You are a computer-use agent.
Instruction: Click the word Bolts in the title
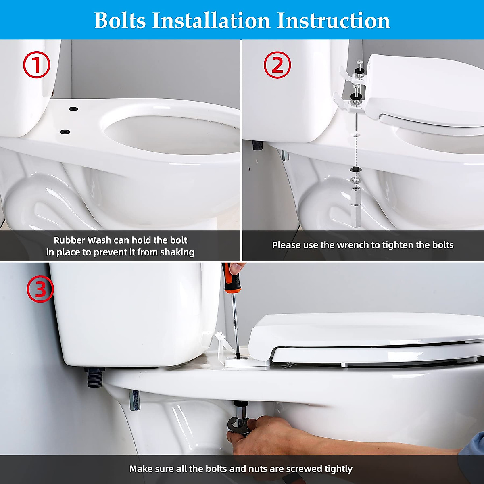[120, 20]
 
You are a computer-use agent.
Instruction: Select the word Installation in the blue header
[211, 20]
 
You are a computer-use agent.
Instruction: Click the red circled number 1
[36, 65]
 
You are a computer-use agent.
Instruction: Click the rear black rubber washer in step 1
[73, 109]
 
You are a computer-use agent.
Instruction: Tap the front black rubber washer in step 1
[64, 131]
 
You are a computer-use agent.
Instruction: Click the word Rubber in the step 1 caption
[69, 240]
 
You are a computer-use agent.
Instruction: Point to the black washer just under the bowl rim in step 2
[355, 169]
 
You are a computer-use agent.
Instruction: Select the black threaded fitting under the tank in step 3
[94, 378]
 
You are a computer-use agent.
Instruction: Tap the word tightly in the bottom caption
[339, 469]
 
